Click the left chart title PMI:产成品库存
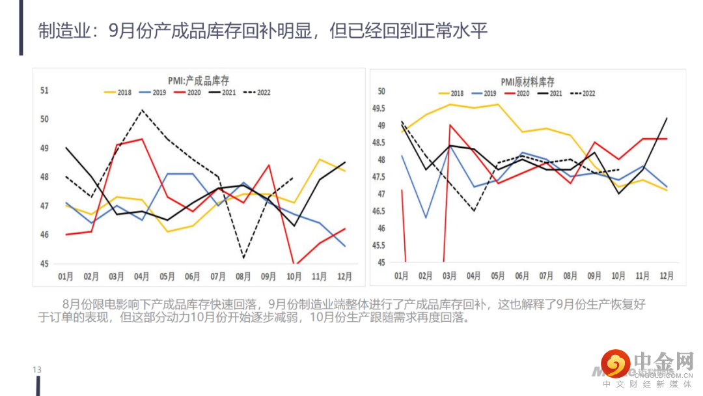click(199, 80)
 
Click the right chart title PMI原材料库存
click(527, 81)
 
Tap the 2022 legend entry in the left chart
click(257, 92)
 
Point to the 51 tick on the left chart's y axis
click(44, 91)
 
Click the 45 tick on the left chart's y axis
click(44, 264)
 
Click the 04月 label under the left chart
click(142, 276)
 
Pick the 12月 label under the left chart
click(344, 276)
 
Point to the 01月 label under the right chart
click(402, 276)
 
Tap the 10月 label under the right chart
click(618, 276)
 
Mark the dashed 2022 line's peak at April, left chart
click(143, 110)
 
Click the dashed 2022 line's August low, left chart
click(243, 258)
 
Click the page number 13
click(37, 370)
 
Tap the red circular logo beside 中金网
click(614, 363)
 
